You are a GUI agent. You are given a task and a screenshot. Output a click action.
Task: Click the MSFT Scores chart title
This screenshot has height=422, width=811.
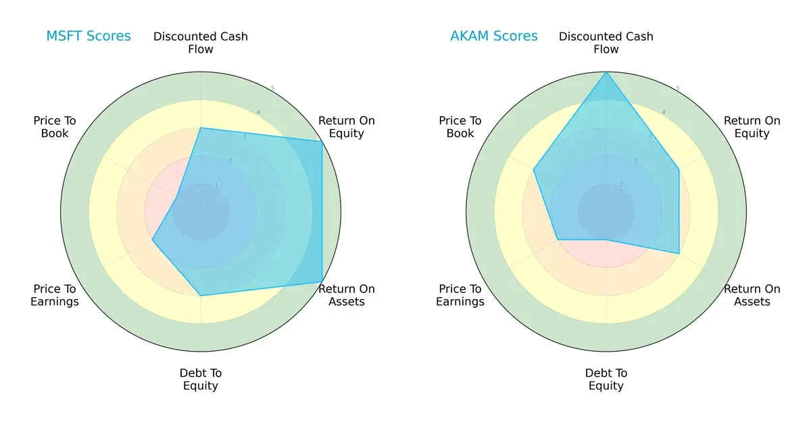click(89, 36)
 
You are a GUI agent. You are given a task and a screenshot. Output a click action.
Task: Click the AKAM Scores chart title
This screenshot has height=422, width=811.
click(494, 36)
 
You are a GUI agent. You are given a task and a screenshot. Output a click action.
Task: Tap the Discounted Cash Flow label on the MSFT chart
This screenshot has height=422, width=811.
click(201, 43)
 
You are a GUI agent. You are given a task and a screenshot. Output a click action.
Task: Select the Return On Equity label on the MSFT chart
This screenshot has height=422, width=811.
click(347, 127)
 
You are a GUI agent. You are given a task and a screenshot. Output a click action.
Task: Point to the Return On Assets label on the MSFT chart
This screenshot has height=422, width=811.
click(347, 295)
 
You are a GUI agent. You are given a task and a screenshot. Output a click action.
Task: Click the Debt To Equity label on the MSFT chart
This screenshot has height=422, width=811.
click(201, 379)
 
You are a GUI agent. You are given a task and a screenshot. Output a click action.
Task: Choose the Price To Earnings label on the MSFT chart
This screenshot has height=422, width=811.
click(55, 295)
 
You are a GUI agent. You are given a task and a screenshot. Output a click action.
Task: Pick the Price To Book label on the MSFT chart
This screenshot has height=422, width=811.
click(55, 127)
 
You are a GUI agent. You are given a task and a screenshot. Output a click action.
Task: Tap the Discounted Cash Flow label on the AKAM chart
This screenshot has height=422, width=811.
click(606, 43)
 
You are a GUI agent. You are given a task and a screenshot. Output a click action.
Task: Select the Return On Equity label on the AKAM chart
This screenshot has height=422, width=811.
click(752, 127)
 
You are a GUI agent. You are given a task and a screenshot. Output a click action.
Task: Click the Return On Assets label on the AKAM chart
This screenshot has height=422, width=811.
click(752, 295)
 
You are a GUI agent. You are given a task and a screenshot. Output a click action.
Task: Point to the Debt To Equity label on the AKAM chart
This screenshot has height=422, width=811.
click(606, 379)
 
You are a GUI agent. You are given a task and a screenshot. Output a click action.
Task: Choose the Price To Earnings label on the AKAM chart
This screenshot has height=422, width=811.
click(460, 295)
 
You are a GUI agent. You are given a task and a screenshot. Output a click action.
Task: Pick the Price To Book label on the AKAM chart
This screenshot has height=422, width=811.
click(460, 127)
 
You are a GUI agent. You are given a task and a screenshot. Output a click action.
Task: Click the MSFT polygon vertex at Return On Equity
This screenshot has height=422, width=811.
click(322, 141)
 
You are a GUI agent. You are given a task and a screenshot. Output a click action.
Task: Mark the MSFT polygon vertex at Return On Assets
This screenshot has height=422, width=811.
click(322, 282)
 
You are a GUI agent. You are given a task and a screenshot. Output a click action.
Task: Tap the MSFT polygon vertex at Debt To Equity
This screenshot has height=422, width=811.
click(201, 295)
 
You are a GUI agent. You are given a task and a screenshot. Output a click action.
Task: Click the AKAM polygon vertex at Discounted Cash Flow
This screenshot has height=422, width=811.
click(606, 72)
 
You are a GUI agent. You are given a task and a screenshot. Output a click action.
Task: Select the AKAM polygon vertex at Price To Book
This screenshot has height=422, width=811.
click(534, 169)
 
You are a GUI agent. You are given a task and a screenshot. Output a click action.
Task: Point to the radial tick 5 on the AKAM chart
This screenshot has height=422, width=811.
click(678, 88)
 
